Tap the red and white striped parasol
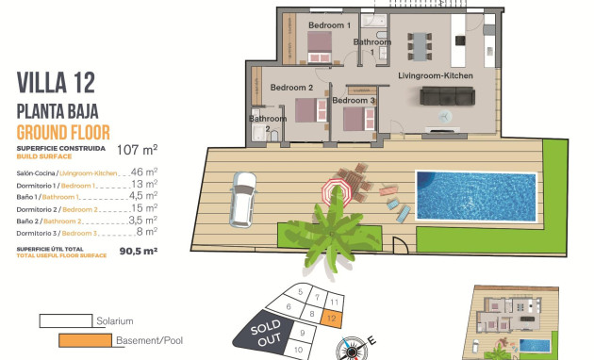[335, 192]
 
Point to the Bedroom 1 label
[329, 25]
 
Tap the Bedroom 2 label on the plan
[290, 88]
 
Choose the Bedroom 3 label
[354, 100]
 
